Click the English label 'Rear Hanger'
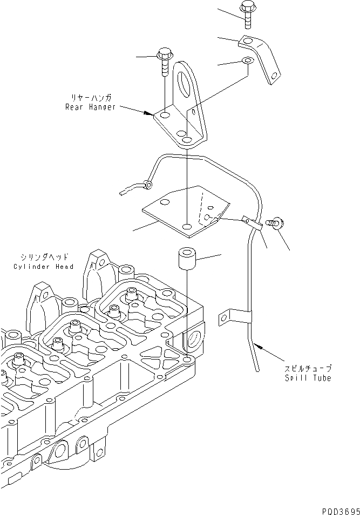pos(90,107)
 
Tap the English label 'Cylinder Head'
pos(44,266)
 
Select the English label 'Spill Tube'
pos(309,378)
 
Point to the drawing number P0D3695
pos(338,509)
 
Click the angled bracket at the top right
pos(262,57)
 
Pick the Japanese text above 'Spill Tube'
pos(309,368)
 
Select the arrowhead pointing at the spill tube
pos(256,346)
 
